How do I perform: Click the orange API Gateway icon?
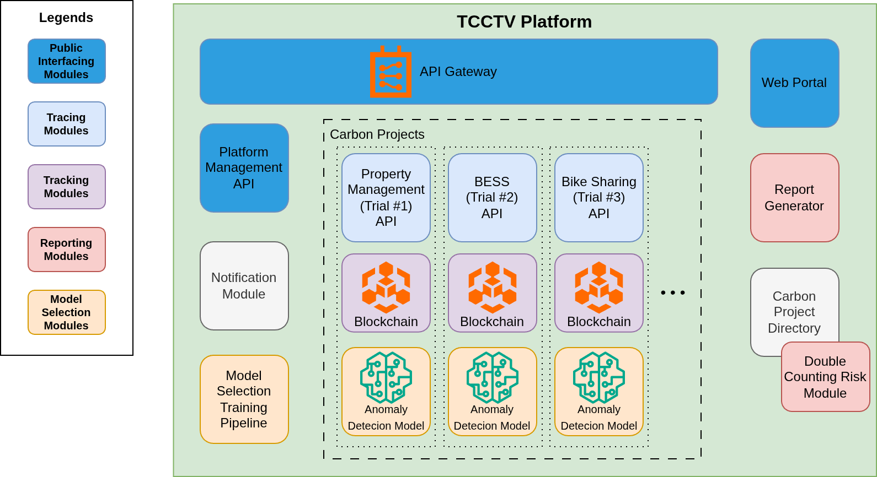click(391, 72)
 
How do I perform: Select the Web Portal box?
click(794, 83)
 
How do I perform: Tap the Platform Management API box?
click(244, 167)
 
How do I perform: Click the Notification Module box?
click(244, 285)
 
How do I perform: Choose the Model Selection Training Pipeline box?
click(244, 399)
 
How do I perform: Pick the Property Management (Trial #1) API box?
click(386, 197)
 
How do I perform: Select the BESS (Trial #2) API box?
click(492, 197)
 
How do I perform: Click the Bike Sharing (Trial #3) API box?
click(598, 197)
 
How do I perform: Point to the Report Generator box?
click(794, 197)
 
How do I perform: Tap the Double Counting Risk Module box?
click(825, 377)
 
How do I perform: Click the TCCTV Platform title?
click(524, 21)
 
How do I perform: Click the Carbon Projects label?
click(377, 134)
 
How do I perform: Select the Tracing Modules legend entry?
click(66, 124)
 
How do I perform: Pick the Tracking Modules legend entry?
click(66, 187)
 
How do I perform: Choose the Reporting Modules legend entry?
click(66, 250)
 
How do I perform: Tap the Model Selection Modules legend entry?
click(66, 312)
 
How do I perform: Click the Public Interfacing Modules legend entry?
click(66, 61)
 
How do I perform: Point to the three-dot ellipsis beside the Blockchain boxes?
click(673, 292)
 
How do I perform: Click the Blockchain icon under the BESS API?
click(492, 286)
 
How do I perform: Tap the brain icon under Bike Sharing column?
click(598, 377)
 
